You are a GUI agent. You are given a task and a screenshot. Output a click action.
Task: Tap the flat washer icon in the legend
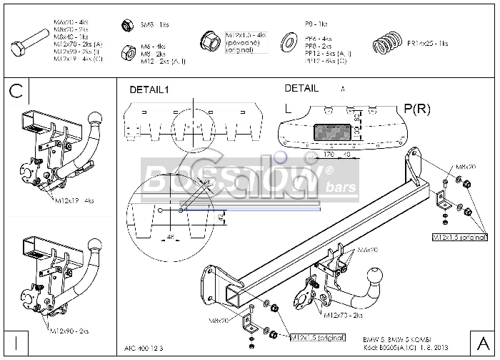tap(291, 39)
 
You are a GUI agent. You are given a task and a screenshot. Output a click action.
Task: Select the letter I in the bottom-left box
tap(16, 341)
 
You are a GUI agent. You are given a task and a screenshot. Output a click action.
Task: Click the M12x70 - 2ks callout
tap(343, 314)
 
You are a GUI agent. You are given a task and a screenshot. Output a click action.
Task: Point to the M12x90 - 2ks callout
tap(69, 331)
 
